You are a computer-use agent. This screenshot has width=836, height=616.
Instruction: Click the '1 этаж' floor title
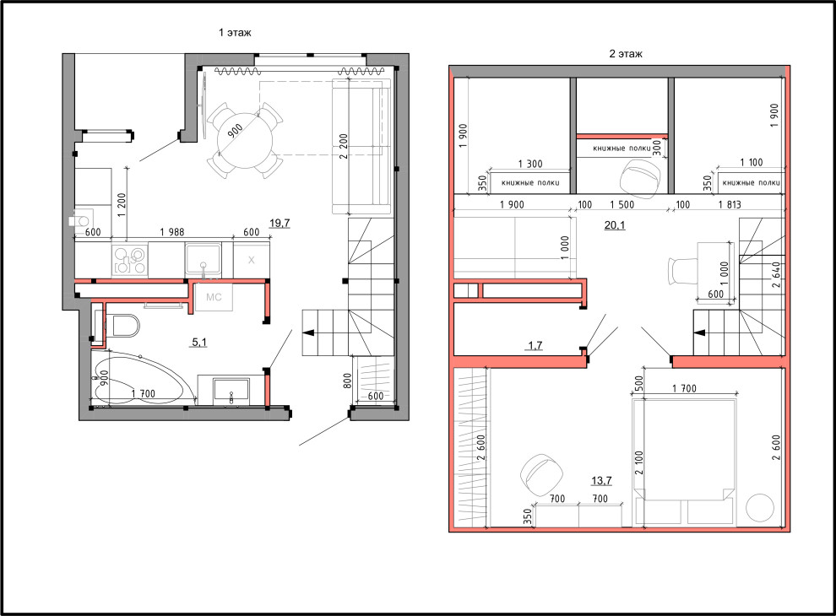(x=235, y=33)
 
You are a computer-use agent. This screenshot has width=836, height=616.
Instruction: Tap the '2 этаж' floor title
(x=626, y=53)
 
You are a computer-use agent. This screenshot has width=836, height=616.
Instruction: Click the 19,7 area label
(x=280, y=223)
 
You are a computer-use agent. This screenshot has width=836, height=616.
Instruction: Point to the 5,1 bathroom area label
(x=199, y=342)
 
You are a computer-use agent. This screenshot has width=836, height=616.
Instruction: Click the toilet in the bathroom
(x=122, y=325)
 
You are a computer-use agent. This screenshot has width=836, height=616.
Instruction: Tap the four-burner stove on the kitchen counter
(x=129, y=260)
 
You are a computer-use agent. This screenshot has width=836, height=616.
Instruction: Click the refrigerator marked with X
(x=252, y=260)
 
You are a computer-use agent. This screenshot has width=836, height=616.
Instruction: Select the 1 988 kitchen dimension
(x=172, y=232)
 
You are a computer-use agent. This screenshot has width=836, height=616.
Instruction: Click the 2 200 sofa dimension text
(x=344, y=146)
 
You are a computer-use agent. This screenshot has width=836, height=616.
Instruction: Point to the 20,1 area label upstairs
(x=615, y=225)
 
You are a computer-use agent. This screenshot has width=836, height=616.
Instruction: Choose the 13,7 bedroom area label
(x=601, y=481)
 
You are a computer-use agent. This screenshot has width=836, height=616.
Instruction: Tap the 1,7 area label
(x=535, y=345)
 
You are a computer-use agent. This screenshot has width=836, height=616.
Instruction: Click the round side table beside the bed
(x=759, y=508)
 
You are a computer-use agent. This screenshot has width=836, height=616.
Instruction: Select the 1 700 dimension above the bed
(x=685, y=388)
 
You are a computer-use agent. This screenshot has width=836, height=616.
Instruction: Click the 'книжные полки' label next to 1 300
(x=530, y=183)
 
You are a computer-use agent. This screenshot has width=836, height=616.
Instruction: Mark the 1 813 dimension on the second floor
(x=730, y=204)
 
